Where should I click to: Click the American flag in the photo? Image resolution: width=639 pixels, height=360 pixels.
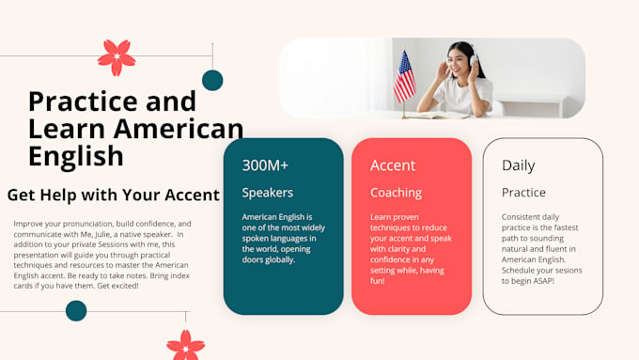tap(404, 77)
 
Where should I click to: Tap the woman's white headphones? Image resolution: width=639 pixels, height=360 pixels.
tap(473, 58)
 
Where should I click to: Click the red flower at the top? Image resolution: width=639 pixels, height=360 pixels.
tap(117, 57)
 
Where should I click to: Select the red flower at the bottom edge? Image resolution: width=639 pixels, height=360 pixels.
tap(186, 345)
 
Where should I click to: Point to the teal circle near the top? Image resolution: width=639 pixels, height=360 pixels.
tap(212, 80)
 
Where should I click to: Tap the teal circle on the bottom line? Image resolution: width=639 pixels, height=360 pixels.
tap(76, 311)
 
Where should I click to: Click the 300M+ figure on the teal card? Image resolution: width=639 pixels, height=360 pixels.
tap(265, 165)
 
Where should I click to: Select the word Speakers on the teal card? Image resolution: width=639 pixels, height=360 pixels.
tap(267, 193)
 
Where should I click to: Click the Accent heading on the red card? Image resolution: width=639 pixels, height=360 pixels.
tap(393, 165)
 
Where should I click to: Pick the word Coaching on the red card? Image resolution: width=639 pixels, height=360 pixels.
tap(396, 193)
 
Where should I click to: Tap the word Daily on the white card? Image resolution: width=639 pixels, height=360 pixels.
tap(518, 165)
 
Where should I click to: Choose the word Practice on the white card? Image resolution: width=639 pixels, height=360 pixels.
tap(523, 193)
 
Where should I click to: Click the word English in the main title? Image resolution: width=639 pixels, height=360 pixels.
tap(76, 156)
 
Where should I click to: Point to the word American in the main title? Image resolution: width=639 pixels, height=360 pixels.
tap(179, 129)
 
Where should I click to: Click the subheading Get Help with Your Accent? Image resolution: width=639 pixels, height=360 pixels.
tap(114, 195)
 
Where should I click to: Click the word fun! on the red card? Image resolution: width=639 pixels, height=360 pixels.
tap(378, 281)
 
